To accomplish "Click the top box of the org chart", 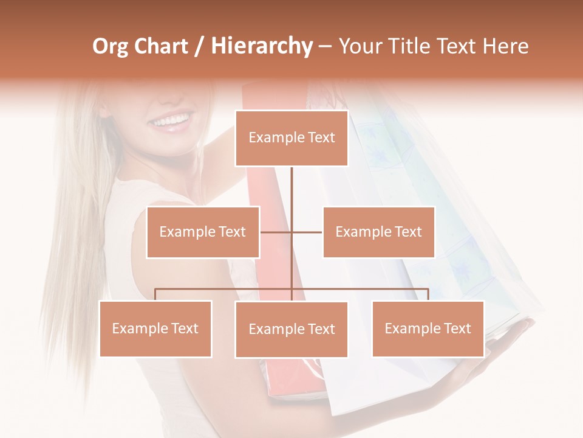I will coord(291,138).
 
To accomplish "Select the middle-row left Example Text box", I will coord(203,232).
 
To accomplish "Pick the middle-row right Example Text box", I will coord(378,232).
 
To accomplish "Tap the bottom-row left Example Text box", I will coord(155,328).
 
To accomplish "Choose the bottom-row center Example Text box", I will coord(291,329).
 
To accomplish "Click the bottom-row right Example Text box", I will coord(428,328).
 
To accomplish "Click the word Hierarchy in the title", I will coord(262,46).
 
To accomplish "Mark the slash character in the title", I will coord(200,46).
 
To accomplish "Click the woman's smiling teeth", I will coord(172,120).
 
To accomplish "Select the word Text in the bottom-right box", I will coord(457,328).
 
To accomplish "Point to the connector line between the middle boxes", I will coord(291,232).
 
